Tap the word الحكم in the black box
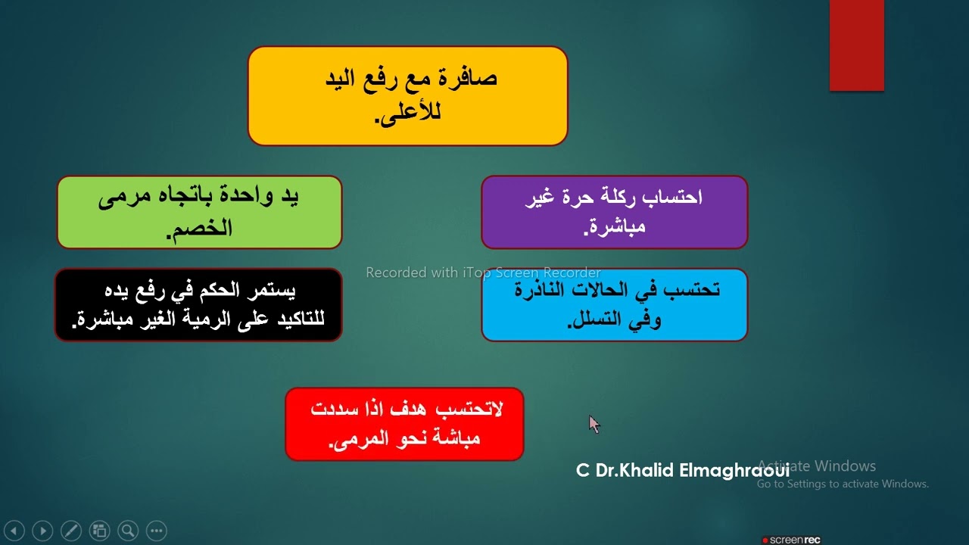(215, 290)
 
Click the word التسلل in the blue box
(599, 319)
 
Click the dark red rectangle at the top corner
(856, 45)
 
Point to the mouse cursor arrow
(594, 424)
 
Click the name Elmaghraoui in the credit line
(734, 470)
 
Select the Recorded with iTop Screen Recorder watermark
(483, 272)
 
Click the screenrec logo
(791, 540)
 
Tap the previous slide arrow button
(14, 531)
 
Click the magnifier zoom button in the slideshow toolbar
(127, 531)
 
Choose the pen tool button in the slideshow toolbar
(70, 531)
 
